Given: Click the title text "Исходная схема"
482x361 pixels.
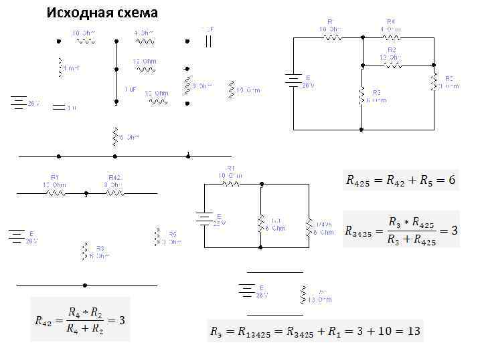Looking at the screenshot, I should pos(102,13).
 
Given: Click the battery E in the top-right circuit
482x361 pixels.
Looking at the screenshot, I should pos(293,82).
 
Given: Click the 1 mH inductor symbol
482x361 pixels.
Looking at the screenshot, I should pos(61,67).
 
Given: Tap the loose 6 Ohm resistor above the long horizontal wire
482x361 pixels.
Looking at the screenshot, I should pos(115,136).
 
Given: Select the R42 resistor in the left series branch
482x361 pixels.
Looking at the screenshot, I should pos(114,193).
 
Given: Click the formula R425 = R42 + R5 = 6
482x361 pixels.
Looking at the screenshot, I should pos(400,180).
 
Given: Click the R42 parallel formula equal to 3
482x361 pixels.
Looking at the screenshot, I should pos(80,320).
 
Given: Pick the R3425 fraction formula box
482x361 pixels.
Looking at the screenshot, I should pos(400,230).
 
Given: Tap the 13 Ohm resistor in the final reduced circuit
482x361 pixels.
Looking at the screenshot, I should pos(303,294).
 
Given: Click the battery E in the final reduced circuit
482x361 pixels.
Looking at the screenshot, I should pos(248,291).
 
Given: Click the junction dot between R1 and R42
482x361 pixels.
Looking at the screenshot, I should pos(86,193).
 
